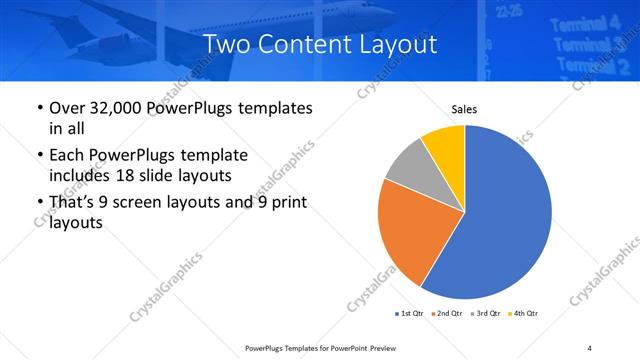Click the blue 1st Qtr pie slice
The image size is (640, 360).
point(510,220)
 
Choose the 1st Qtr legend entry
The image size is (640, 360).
point(409,314)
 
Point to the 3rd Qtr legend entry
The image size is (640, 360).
point(487,314)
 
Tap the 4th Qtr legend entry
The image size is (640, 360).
point(525,314)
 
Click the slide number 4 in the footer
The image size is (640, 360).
point(590,347)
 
